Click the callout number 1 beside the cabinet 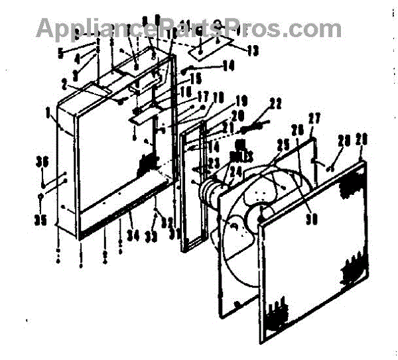(x=50, y=113)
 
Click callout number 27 (x=314, y=118)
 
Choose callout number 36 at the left (x=42, y=160)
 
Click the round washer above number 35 (x=41, y=197)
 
